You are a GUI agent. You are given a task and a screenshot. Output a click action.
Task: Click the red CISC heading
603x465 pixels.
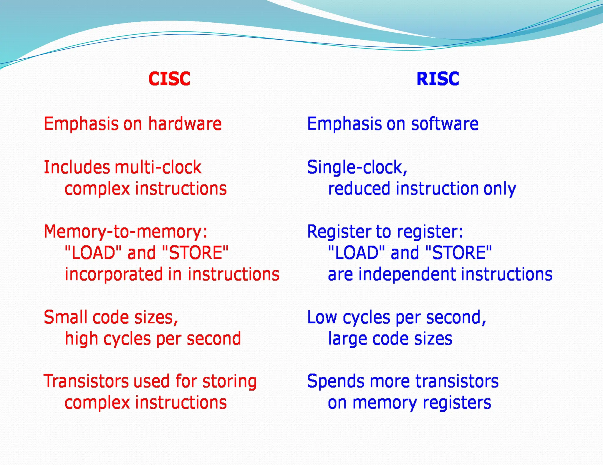[x=169, y=79]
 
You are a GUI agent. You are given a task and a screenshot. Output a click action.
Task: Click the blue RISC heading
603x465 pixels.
[x=438, y=79]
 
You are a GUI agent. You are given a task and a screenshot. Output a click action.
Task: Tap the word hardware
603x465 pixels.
[x=185, y=124]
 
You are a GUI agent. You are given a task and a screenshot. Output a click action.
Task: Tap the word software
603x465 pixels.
[x=445, y=124]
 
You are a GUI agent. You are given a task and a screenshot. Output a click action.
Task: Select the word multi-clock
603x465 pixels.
[x=158, y=167]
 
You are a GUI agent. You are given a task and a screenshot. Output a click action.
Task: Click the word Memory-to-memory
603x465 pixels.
[x=125, y=232]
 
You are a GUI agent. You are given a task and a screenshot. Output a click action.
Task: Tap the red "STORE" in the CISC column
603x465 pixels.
[x=195, y=253]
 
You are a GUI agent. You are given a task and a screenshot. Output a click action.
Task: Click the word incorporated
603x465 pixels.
[x=113, y=275]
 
